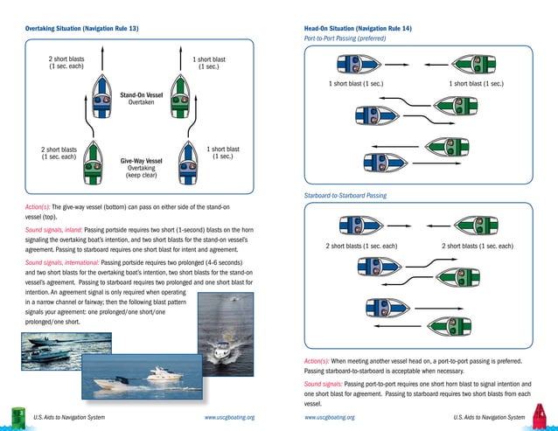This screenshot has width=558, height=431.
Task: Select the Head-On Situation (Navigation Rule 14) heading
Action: click(358, 29)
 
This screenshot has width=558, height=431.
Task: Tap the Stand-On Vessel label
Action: click(141, 94)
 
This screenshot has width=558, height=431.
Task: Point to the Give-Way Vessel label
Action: click(141, 161)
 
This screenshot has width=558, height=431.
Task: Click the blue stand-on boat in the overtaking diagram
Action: click(101, 98)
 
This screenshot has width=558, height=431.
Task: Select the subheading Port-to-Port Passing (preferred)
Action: click(345, 39)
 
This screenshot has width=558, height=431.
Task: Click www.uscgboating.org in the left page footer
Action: click(229, 418)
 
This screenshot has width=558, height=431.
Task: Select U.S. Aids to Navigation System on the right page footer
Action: click(490, 418)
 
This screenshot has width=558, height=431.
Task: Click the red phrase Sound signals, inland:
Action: click(52, 228)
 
